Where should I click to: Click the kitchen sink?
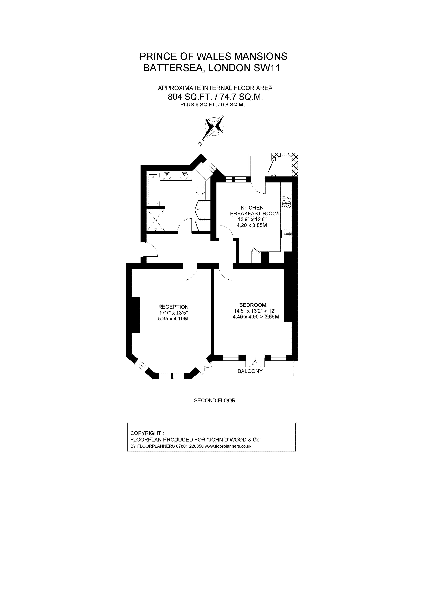point(287,234)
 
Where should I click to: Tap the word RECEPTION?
point(173,307)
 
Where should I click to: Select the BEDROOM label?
point(253,305)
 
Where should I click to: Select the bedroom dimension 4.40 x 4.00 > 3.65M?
point(256,317)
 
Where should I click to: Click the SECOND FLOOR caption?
point(215,401)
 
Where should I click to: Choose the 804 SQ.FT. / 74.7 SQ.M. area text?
point(215,97)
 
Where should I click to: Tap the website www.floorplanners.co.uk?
point(228,446)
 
